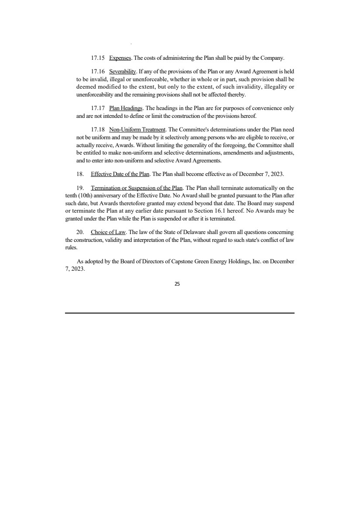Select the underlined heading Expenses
tap(117, 58)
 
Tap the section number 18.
tap(80, 174)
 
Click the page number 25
tap(177, 284)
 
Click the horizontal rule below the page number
tap(180, 313)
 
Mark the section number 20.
tap(80, 232)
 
